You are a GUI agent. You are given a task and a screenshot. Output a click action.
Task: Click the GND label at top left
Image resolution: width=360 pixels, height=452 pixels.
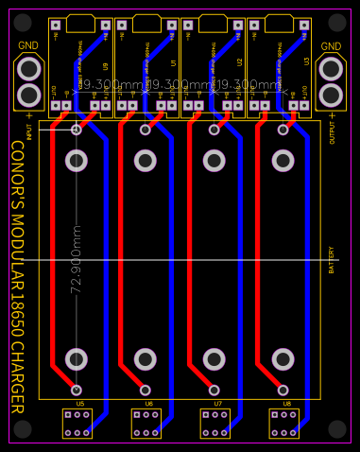coord(28,45)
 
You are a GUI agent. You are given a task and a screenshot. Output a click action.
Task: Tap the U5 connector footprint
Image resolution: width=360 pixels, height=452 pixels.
coord(77,423)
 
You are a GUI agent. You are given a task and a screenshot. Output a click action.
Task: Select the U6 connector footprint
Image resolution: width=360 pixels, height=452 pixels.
coord(146,423)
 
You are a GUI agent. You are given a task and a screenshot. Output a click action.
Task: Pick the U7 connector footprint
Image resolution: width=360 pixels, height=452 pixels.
coord(214,423)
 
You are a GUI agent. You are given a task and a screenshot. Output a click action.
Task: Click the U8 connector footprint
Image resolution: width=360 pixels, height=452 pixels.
coord(283,423)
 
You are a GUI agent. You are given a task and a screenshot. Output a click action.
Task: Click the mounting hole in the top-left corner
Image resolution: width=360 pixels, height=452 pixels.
coord(23,21)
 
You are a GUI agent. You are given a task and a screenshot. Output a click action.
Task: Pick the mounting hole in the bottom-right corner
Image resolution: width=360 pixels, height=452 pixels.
coord(337,429)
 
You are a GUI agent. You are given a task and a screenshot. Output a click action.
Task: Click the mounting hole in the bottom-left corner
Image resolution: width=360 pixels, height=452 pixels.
coord(23,429)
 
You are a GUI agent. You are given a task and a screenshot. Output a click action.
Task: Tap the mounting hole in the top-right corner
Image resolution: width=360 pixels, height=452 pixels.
coord(337,21)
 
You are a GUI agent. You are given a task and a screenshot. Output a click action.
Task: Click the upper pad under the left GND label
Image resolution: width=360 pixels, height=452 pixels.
coord(29,69)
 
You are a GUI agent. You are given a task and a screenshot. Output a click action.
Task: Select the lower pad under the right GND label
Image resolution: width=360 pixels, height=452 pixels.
coord(332,96)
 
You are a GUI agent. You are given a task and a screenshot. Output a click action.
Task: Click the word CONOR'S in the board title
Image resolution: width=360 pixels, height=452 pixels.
coord(18,176)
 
